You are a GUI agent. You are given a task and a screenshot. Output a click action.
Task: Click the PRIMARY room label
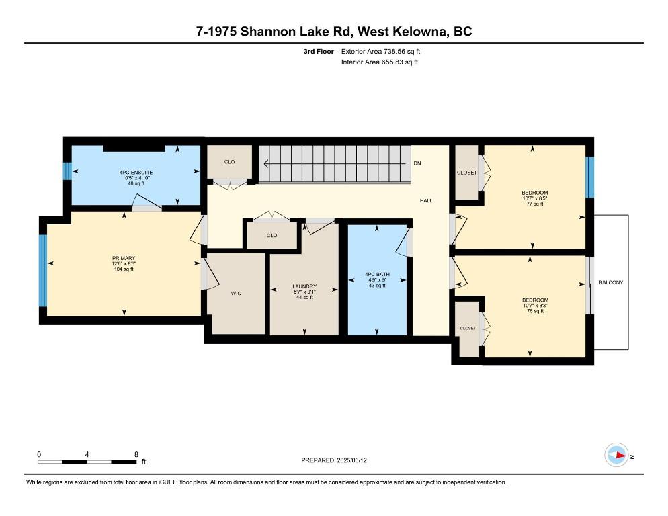tap(124, 259)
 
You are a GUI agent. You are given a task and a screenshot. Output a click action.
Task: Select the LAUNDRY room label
tap(304, 287)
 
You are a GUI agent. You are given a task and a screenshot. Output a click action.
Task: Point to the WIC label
tap(235, 293)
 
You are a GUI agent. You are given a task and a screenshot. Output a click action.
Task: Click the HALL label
tap(426, 200)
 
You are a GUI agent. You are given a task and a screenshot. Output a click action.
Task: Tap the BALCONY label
tap(611, 283)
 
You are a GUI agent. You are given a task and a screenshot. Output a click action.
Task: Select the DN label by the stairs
tap(417, 163)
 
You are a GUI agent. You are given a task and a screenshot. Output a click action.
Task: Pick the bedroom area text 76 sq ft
tap(536, 311)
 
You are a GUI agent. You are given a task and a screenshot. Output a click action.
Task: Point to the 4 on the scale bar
tap(87, 454)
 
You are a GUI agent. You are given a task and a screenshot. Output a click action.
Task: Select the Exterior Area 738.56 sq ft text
tap(381, 51)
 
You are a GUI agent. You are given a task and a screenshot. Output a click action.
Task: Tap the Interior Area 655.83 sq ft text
tap(380, 62)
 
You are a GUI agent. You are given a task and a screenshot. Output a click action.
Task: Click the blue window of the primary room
tap(43, 270)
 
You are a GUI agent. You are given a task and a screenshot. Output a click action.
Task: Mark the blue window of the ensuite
tap(67, 172)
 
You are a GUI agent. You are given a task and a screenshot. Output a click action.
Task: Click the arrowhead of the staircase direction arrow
tap(266, 163)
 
